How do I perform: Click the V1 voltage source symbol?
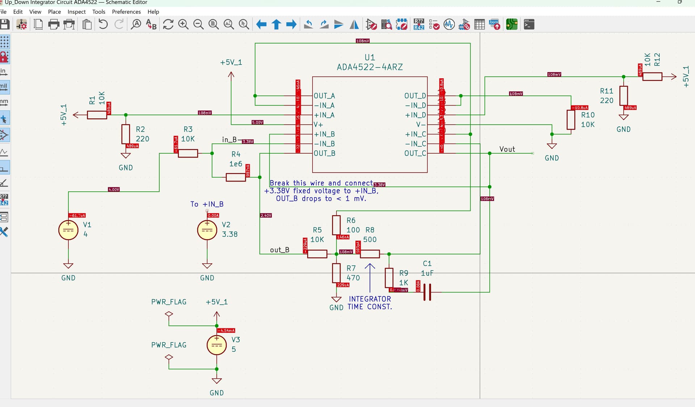pyautogui.click(x=68, y=230)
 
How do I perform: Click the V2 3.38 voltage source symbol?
pyautogui.click(x=207, y=230)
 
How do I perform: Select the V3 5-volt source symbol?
pyautogui.click(x=216, y=345)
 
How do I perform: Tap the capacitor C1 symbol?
pyautogui.click(x=427, y=292)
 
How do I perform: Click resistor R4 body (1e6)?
pyautogui.click(x=236, y=177)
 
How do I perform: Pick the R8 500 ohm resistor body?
pyautogui.click(x=370, y=254)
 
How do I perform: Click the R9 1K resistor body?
pyautogui.click(x=389, y=278)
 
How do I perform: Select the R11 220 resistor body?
pyautogui.click(x=623, y=95)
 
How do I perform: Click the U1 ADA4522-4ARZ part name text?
pyautogui.click(x=370, y=67)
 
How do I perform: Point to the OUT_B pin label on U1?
pyautogui.click(x=324, y=153)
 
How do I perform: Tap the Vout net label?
pyautogui.click(x=507, y=149)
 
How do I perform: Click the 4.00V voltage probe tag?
pyautogui.click(x=114, y=190)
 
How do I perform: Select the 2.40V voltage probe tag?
pyautogui.click(x=266, y=215)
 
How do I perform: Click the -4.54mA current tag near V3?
pyautogui.click(x=226, y=331)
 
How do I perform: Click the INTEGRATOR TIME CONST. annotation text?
pyautogui.click(x=370, y=303)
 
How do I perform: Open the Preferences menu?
pyautogui.click(x=126, y=12)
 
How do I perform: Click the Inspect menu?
pyautogui.click(x=76, y=12)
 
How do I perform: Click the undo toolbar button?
pyautogui.click(x=103, y=25)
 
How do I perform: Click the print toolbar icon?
pyautogui.click(x=54, y=25)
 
